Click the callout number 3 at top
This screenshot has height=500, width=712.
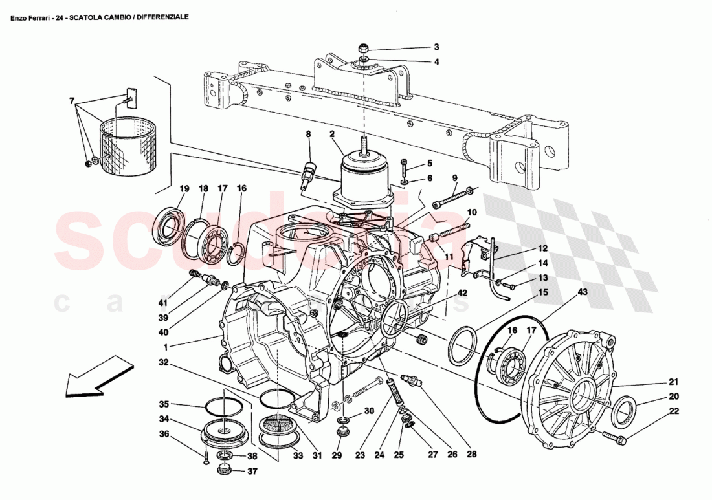pyautogui.click(x=436, y=47)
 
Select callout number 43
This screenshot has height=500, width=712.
pyautogui.click(x=583, y=293)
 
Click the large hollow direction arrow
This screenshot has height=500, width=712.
pyautogui.click(x=95, y=378)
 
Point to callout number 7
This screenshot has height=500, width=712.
pyautogui.click(x=72, y=100)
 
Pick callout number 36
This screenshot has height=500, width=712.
pyautogui.click(x=164, y=434)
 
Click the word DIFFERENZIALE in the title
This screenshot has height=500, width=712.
pyautogui.click(x=162, y=17)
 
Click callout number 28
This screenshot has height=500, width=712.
pyautogui.click(x=471, y=455)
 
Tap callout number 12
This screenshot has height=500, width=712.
pyautogui.click(x=542, y=248)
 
